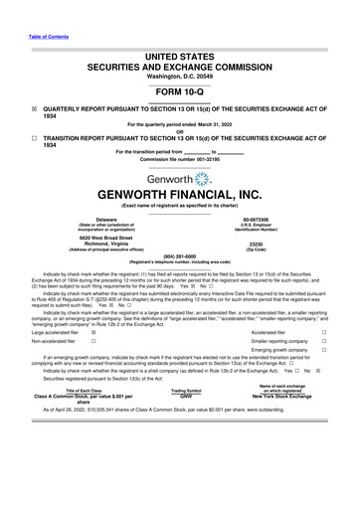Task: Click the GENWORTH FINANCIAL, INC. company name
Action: [179, 198]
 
